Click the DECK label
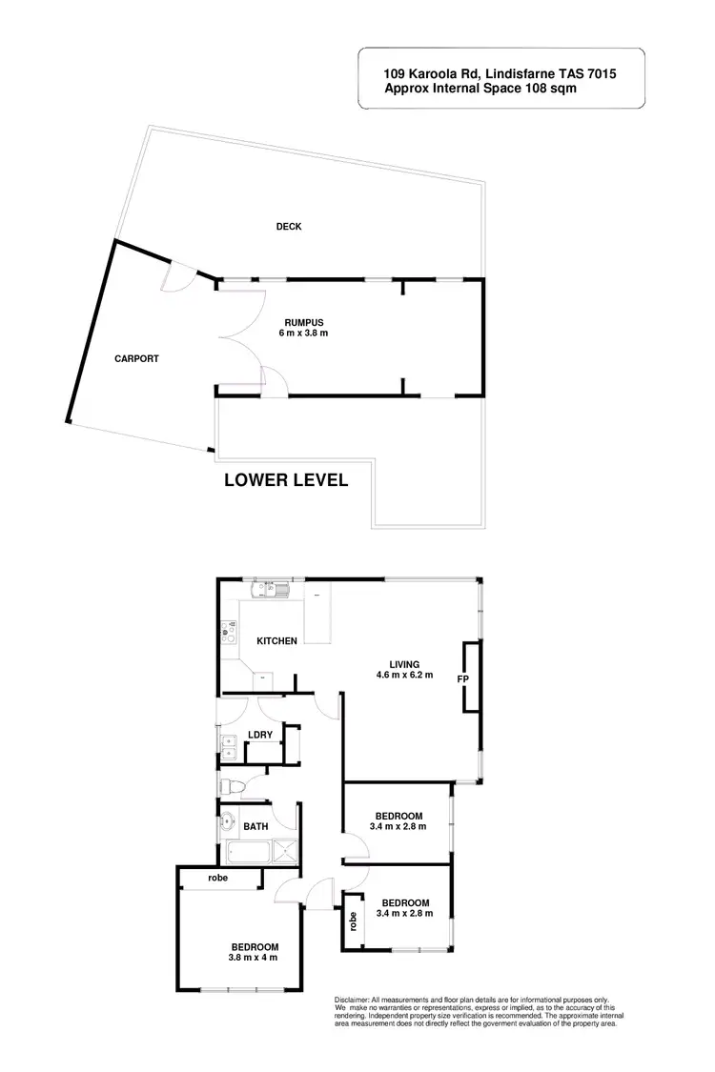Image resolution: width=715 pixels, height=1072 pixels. [x=289, y=226]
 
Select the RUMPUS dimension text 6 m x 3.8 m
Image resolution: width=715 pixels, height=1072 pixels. [x=304, y=334]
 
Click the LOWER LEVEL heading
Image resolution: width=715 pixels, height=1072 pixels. [x=286, y=480]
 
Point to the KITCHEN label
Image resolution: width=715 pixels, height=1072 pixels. [x=276, y=641]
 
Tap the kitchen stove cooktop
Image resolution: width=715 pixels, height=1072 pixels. [x=228, y=628]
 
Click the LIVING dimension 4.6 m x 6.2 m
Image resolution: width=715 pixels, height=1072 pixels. [x=404, y=676]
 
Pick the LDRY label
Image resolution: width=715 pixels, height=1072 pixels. [x=260, y=734]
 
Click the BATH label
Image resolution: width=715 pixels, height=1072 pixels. [x=255, y=827]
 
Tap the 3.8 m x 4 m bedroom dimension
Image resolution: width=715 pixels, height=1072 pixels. [x=254, y=958]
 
